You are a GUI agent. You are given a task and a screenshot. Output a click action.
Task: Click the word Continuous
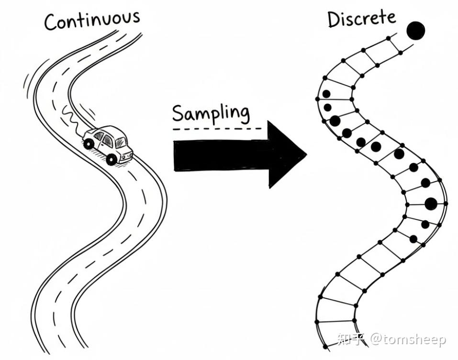click(x=92, y=20)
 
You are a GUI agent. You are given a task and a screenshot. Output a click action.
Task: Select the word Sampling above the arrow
click(x=211, y=114)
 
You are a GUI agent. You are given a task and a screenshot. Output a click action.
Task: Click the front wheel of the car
click(x=112, y=159)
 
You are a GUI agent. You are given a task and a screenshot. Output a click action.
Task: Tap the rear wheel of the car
click(x=89, y=143)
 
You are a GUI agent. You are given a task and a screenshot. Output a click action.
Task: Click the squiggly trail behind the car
click(x=69, y=117)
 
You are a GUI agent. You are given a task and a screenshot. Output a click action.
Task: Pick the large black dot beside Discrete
click(x=415, y=31)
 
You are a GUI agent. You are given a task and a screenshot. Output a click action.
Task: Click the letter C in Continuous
click(x=51, y=22)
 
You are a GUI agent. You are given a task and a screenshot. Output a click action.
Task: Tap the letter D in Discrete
click(x=334, y=20)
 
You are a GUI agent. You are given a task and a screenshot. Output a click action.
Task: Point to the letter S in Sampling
click(x=178, y=114)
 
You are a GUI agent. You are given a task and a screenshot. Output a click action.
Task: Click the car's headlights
click(x=128, y=155)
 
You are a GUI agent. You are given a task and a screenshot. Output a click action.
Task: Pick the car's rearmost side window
click(x=99, y=136)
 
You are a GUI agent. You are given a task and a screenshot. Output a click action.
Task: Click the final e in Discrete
click(x=391, y=18)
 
